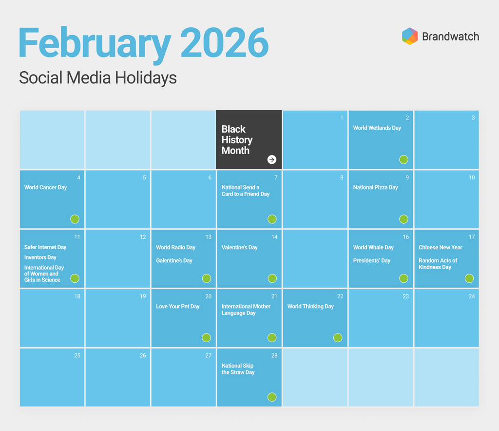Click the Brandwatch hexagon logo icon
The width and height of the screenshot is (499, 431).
[x=410, y=36]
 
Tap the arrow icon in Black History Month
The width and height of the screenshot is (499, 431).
[x=272, y=159]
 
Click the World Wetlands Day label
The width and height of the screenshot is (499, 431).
[x=377, y=128]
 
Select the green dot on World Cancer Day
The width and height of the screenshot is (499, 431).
[x=75, y=219]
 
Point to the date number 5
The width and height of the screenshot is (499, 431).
[x=144, y=177]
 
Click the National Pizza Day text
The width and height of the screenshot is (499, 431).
[x=375, y=188]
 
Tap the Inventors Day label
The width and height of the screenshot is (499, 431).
[x=40, y=257]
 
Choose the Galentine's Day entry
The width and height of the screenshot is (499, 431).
[x=174, y=260]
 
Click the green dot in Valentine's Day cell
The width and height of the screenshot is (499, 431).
[x=272, y=278]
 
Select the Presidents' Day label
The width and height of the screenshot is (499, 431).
[x=372, y=260]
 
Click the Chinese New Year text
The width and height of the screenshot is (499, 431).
[x=441, y=247]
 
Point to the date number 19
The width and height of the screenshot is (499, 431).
[x=143, y=296]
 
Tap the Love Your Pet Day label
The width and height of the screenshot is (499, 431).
[x=177, y=307]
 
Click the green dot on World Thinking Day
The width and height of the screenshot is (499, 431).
[x=338, y=337]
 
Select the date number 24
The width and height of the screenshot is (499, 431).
[x=472, y=296]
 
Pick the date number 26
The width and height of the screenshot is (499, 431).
[x=143, y=355]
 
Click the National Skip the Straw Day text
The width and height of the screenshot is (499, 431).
[x=238, y=369]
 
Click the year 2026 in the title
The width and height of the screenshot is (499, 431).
[x=225, y=42]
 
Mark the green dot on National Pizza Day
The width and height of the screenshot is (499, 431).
[x=404, y=219]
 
